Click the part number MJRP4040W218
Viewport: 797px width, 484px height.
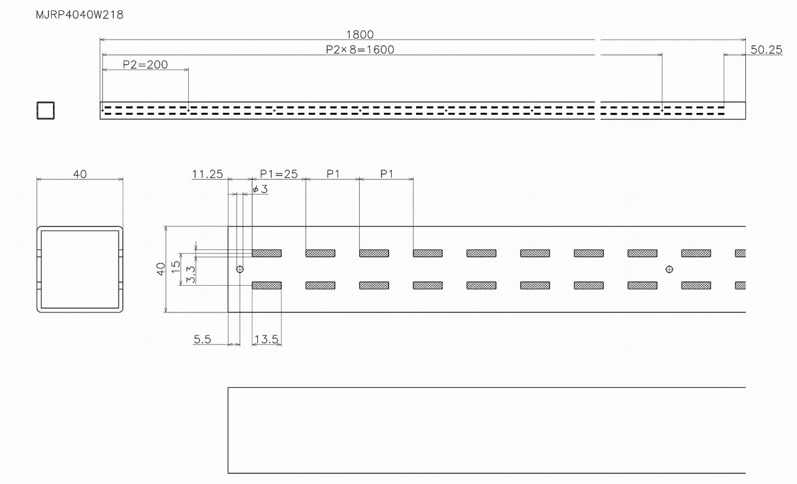80,15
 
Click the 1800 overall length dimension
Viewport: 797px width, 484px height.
359,34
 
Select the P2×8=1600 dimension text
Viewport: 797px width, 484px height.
359,49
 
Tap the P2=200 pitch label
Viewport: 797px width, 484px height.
145,64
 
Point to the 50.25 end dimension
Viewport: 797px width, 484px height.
766,49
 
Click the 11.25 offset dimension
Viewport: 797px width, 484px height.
207,174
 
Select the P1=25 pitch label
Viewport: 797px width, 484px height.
279,174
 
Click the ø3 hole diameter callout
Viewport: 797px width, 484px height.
260,189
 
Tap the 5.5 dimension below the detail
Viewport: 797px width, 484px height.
202,339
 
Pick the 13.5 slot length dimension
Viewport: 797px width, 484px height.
266,339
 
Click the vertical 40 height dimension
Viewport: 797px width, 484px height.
161,268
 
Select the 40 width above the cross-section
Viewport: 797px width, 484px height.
80,174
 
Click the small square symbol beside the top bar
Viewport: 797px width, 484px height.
45,110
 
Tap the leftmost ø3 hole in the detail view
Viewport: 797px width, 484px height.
240,269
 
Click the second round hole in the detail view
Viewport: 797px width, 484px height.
669,269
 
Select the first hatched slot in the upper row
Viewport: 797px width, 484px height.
267,253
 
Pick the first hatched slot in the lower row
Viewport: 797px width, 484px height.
267,285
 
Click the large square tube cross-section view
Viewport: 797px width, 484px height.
80,268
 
